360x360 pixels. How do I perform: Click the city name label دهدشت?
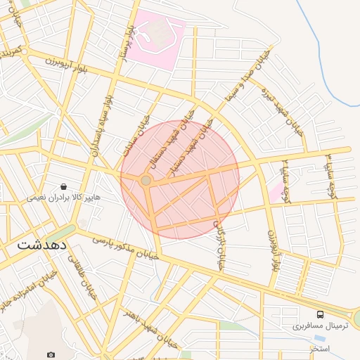tap(41, 245)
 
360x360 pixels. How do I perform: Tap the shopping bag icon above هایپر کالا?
tap(64, 187)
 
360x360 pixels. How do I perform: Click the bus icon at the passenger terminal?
tap(321, 314)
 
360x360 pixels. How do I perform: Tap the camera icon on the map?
tap(50, 354)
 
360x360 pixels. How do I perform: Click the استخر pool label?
tap(321, 348)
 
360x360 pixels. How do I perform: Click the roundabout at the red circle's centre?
tap(146, 181)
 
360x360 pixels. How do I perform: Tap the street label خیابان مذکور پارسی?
tap(127, 250)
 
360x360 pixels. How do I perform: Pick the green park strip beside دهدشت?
tap(63, 233)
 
